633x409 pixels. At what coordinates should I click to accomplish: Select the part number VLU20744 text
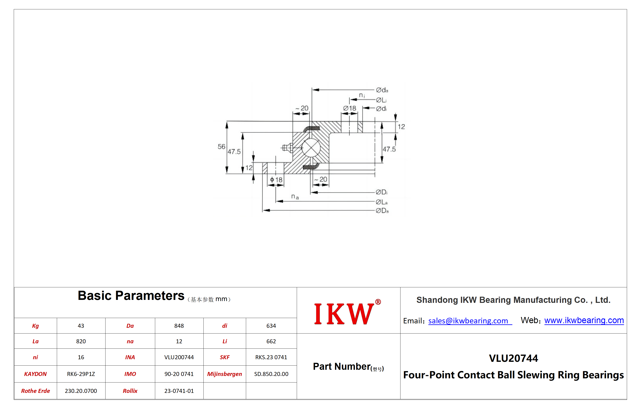[513, 358]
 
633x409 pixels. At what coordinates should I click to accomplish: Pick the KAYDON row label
[35, 374]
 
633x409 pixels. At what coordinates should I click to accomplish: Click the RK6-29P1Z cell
[81, 374]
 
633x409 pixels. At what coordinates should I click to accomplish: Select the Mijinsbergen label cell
[225, 374]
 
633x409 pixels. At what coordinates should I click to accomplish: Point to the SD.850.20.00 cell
[271, 374]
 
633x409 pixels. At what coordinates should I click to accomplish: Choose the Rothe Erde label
[35, 391]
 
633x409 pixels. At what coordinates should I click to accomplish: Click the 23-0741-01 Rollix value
[179, 391]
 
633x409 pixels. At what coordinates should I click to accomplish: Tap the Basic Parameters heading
[131, 295]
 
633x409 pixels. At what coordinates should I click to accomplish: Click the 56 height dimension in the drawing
[221, 147]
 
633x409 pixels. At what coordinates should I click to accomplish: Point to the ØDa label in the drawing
[382, 211]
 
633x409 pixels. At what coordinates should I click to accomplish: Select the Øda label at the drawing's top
[382, 90]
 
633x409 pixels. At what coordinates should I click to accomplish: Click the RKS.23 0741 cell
[271, 357]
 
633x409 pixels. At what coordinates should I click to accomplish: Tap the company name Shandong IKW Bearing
[513, 300]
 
